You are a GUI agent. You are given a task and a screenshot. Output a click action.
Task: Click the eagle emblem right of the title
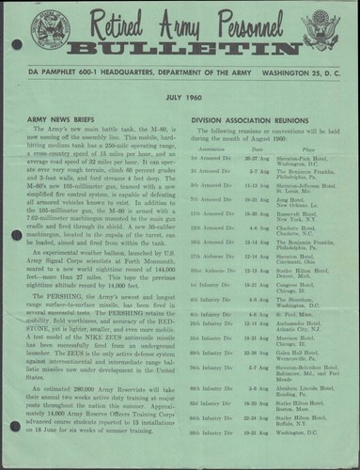(x=319, y=32)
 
